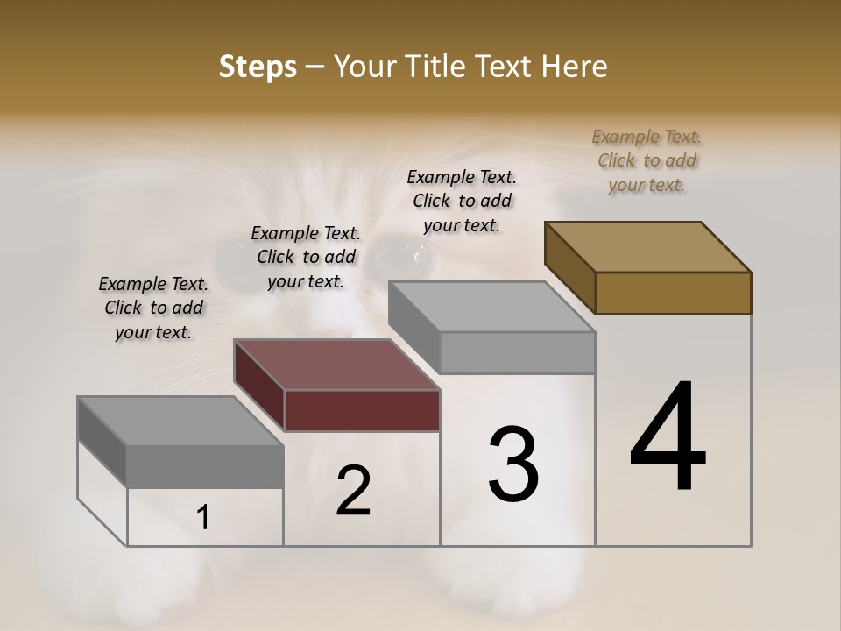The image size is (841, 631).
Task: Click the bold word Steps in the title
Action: (x=258, y=67)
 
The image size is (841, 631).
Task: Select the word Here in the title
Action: (x=573, y=67)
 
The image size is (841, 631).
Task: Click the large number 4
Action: (x=668, y=437)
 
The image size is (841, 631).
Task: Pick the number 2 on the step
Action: (x=353, y=491)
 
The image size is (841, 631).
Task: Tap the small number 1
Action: (x=203, y=518)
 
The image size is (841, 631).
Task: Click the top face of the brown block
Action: (x=647, y=246)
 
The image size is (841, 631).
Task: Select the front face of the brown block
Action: (x=673, y=293)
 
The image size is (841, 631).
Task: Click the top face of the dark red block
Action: (x=336, y=365)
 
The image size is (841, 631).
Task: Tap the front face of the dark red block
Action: (x=362, y=410)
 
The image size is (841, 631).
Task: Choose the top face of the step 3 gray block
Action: (x=491, y=307)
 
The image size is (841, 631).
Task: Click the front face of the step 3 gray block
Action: (x=517, y=352)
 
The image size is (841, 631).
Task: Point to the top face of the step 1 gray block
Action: (x=180, y=421)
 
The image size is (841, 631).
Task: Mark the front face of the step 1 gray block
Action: (x=205, y=466)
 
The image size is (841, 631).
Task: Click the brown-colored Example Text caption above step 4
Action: (x=647, y=160)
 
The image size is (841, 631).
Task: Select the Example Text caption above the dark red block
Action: (x=305, y=257)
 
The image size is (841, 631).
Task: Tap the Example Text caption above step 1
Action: (x=153, y=308)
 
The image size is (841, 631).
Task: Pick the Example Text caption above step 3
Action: (x=462, y=201)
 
